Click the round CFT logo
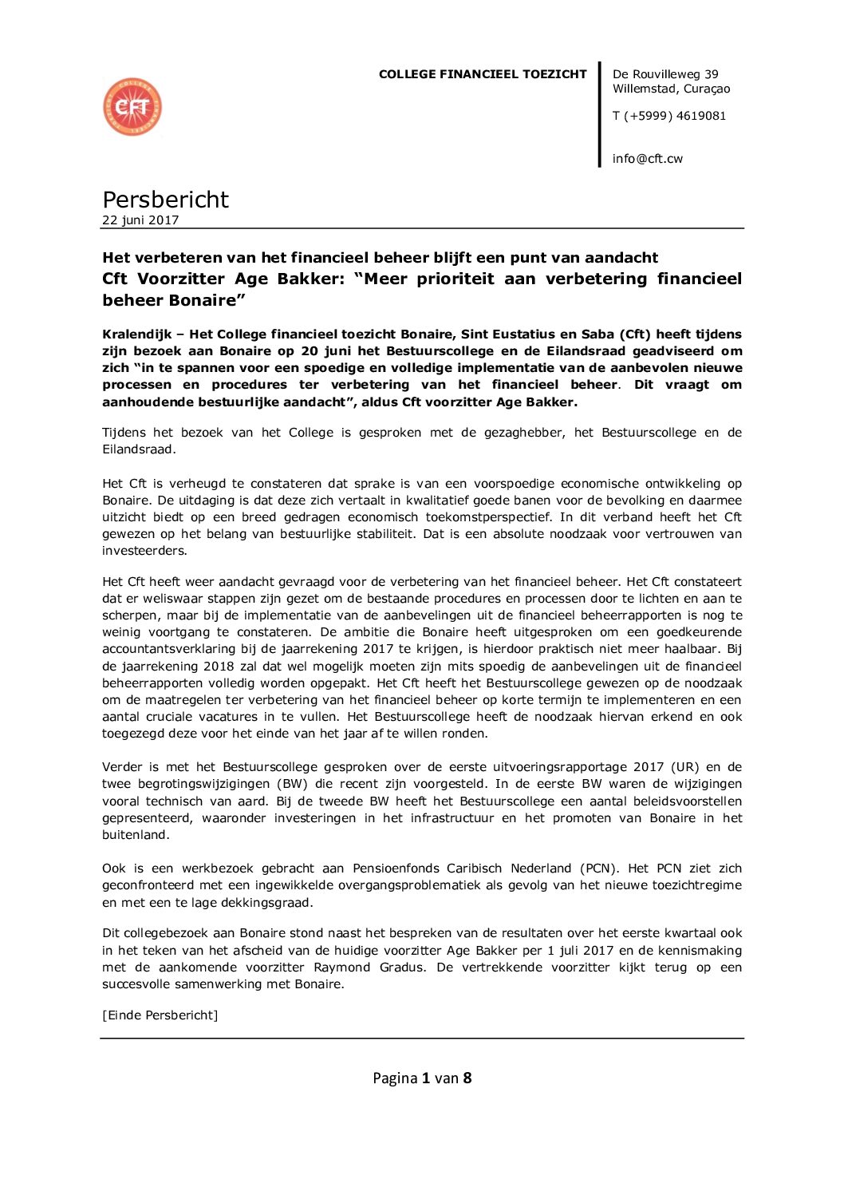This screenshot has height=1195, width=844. (132, 107)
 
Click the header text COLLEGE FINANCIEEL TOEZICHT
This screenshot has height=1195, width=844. (482, 74)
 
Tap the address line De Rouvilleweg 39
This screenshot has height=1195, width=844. (665, 74)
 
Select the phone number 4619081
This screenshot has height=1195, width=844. (700, 116)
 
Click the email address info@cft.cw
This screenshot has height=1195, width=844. (647, 159)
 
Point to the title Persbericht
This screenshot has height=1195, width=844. (165, 200)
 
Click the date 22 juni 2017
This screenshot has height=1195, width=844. (140, 220)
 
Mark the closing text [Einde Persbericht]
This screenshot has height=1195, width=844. (160, 1015)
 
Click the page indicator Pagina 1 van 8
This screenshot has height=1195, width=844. (422, 1078)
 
